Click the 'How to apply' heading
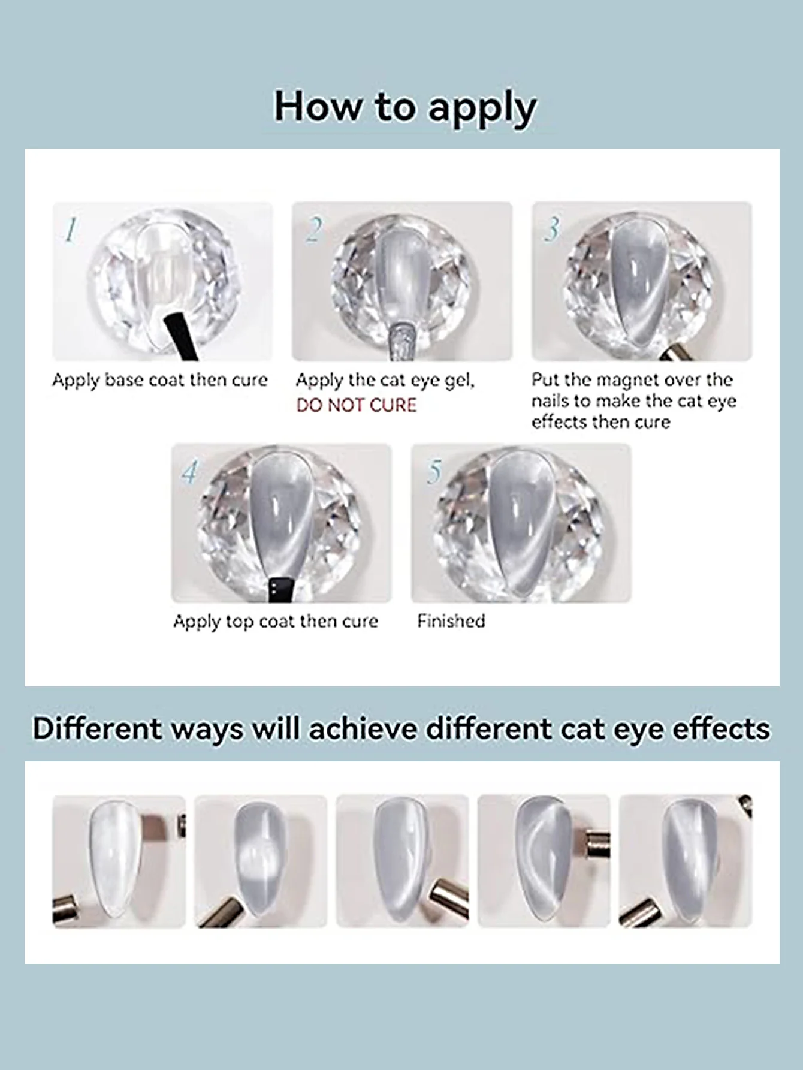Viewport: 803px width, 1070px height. [405, 108]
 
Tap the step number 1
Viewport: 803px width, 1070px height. [71, 230]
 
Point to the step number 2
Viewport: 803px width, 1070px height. [313, 230]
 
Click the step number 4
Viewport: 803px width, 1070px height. [189, 472]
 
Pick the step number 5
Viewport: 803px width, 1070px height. [434, 472]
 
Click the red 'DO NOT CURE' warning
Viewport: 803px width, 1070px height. [356, 405]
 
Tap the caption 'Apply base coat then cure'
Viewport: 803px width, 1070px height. [160, 380]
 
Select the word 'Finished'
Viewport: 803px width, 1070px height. [451, 621]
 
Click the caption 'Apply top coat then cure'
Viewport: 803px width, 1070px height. [276, 622]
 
